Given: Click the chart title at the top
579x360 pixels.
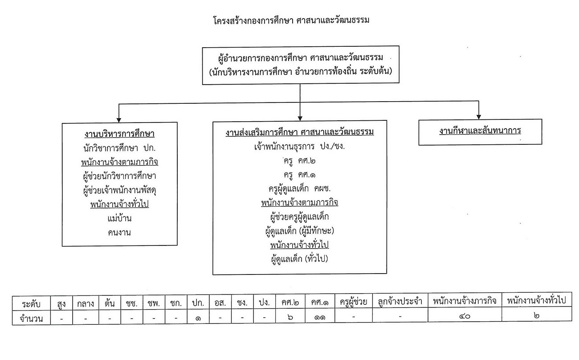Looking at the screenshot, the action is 291,20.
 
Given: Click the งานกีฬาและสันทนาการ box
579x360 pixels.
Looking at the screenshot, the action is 480,132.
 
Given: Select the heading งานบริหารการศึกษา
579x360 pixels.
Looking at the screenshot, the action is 119,134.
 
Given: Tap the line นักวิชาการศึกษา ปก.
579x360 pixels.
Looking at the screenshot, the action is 119,148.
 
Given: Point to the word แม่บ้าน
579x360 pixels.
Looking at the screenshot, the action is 119,218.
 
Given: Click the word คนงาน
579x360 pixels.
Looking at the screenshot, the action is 119,233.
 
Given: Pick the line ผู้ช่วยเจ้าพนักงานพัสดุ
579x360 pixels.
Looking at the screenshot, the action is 119,190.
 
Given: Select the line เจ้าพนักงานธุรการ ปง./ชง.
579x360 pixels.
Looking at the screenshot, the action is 300,147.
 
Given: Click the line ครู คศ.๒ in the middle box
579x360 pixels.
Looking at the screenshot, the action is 300,161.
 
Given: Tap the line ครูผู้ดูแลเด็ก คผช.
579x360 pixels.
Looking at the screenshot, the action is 300,188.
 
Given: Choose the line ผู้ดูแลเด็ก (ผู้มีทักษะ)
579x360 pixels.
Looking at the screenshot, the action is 300,231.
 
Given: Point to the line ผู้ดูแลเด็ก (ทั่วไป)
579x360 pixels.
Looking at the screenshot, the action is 300,258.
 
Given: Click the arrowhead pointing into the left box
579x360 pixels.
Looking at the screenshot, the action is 118,120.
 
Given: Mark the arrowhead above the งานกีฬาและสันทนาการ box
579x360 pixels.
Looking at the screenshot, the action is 479,117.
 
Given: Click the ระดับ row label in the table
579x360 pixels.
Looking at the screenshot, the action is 31,303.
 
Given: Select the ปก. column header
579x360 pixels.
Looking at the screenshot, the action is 198,303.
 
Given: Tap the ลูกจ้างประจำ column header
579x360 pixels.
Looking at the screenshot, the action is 400,302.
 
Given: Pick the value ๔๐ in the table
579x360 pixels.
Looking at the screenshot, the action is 465,316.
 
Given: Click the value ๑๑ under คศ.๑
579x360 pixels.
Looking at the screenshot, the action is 320,317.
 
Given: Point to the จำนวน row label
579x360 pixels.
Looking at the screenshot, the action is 31,319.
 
